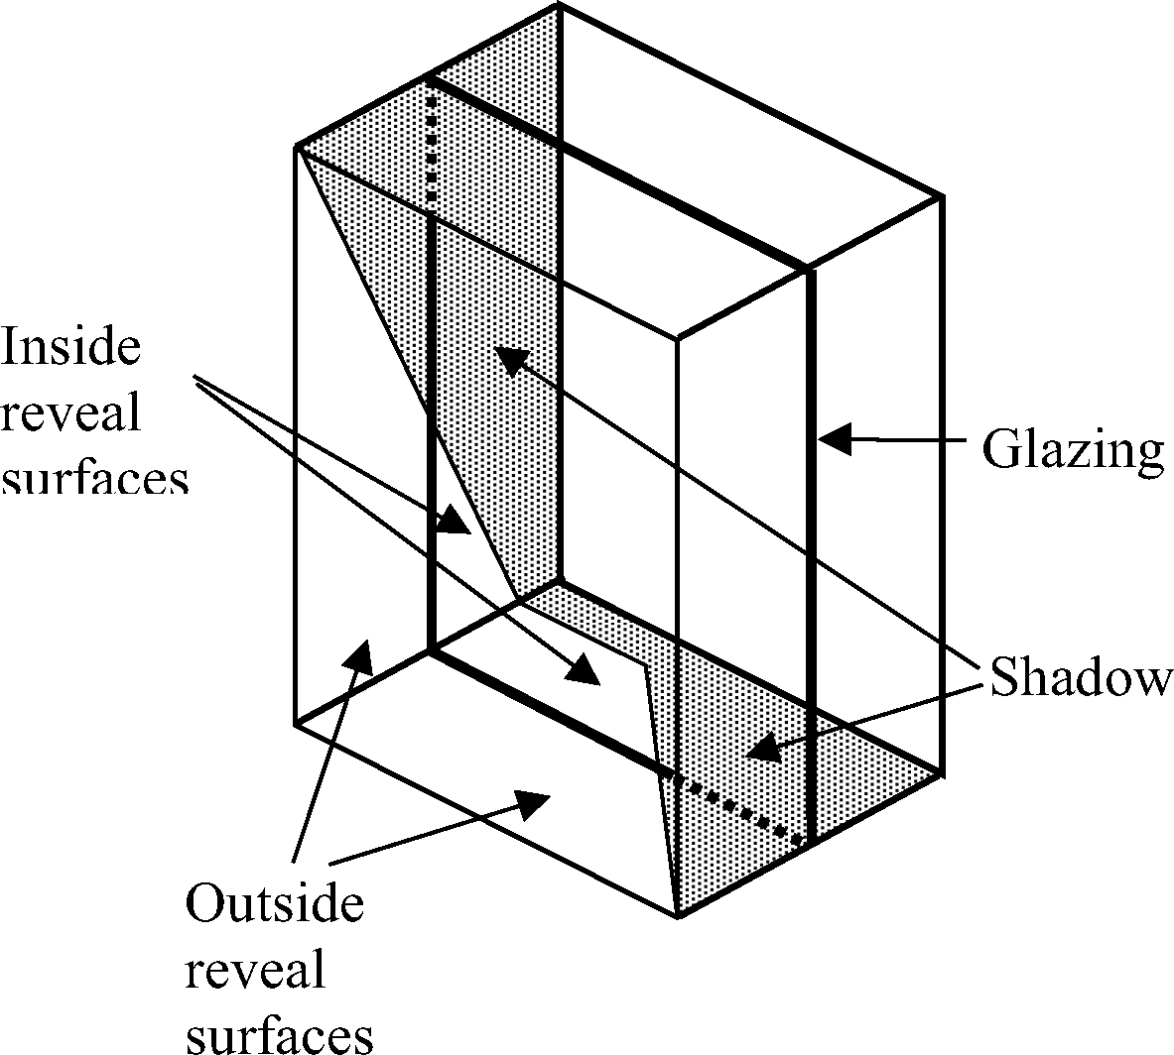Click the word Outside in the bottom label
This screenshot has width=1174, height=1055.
[x=275, y=905]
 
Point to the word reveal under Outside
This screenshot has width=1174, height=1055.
[x=255, y=972]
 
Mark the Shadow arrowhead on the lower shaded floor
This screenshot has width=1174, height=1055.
[x=762, y=749]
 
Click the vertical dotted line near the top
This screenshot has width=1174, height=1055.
[x=431, y=149]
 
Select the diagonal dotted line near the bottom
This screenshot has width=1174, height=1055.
[x=734, y=808]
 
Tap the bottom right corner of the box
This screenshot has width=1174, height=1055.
[x=941, y=773]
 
